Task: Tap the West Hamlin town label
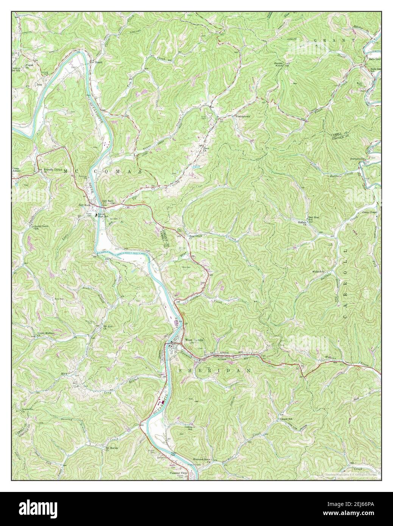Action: click(194, 340)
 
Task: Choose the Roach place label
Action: click(99, 62)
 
